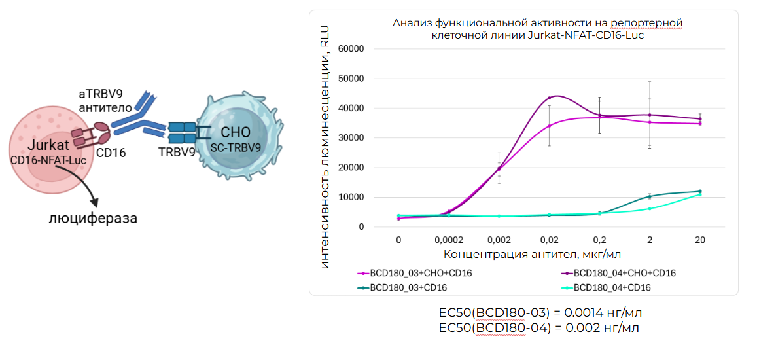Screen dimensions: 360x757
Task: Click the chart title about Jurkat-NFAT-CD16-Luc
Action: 533,29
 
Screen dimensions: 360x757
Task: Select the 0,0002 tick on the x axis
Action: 449,240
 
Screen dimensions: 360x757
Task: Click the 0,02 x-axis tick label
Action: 550,240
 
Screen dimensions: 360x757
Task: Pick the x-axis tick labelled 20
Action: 699,240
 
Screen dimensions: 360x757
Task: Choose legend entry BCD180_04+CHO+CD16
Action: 624,273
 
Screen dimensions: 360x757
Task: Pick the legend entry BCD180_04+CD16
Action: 612,287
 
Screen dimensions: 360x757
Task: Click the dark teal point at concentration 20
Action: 699,191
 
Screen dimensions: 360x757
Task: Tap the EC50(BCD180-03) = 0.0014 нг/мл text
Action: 536,314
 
